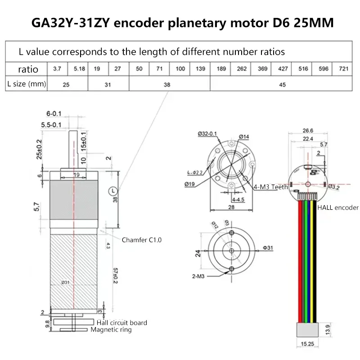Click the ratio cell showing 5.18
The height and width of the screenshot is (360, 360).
pos(78,69)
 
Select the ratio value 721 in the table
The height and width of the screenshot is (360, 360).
pos(343,69)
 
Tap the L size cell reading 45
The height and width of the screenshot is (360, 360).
pos(282,84)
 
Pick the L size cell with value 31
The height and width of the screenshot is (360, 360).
pos(108,84)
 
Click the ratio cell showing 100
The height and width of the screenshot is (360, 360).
pos(180,69)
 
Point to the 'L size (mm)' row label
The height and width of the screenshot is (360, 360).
pos(26,84)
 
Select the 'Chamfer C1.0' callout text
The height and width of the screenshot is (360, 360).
pos(142,240)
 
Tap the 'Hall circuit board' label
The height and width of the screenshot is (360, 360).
pos(122,323)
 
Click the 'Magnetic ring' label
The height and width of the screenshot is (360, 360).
pos(111,330)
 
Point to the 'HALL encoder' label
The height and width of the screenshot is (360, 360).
pos(338,207)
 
